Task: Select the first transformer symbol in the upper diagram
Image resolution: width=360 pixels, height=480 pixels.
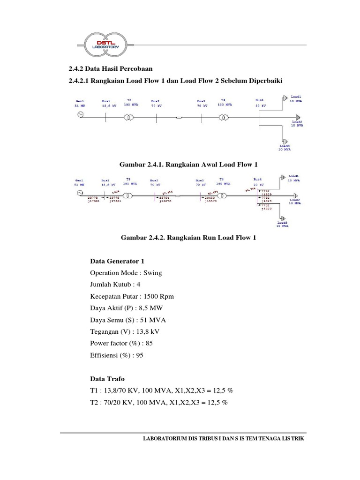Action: point(128,116)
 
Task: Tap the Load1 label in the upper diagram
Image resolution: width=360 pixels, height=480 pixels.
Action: point(296,96)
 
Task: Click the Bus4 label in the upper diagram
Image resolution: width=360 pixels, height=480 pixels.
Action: point(260,100)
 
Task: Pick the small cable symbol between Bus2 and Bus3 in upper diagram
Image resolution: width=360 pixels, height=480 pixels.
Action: point(179,117)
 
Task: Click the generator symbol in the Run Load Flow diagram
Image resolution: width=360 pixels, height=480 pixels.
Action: point(80,193)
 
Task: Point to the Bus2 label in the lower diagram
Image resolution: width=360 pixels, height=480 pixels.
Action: point(155,180)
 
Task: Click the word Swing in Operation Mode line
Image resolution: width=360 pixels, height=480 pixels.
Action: point(153,273)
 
